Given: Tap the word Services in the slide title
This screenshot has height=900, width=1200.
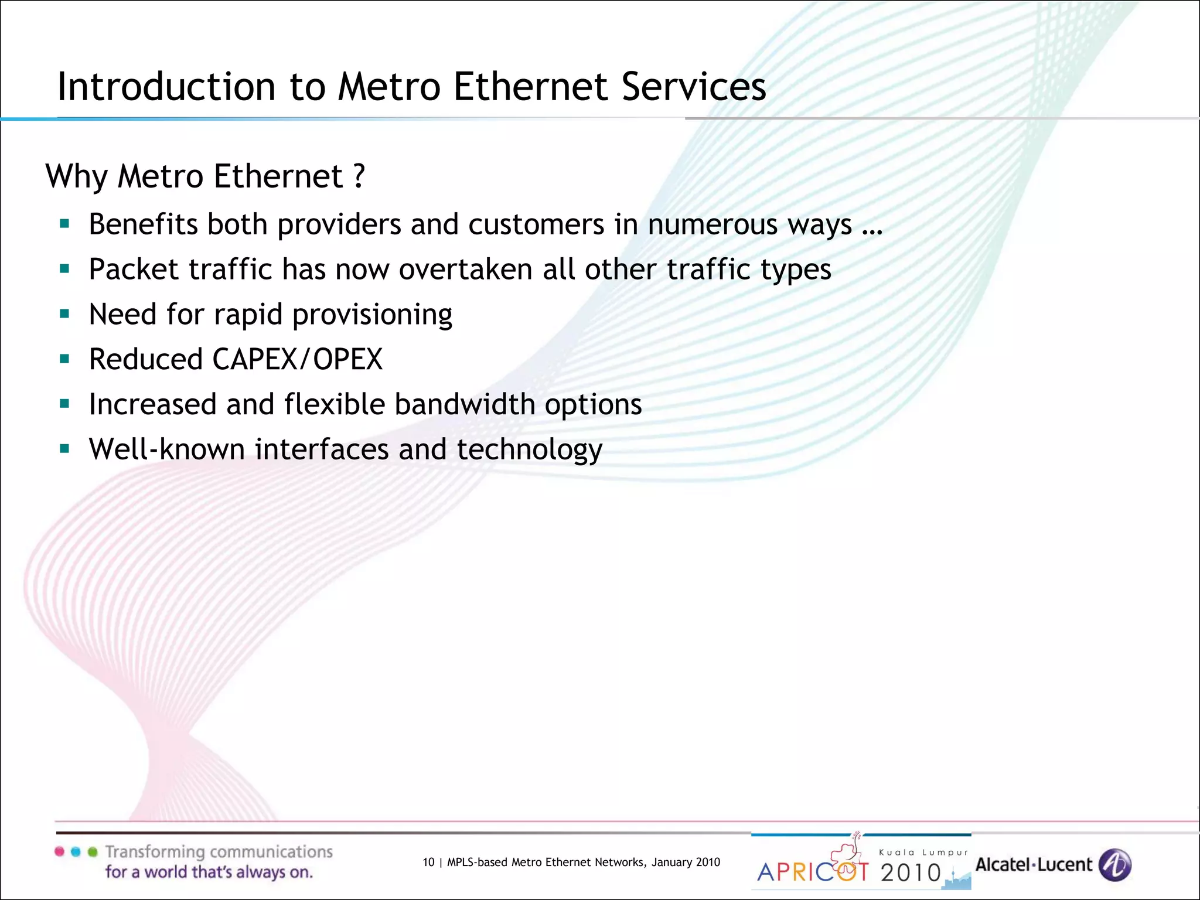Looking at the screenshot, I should [693, 87].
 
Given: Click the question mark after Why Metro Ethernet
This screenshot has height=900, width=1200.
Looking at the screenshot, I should [359, 175].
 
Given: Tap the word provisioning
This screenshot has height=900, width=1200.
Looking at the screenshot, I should [372, 315].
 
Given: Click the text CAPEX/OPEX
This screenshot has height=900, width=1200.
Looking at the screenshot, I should [297, 359].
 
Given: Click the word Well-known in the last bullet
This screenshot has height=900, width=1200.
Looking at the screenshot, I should [166, 449].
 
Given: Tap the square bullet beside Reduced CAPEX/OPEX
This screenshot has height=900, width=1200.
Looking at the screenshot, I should [64, 359].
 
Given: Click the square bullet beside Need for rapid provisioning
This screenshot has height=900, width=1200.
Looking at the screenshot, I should [64, 313].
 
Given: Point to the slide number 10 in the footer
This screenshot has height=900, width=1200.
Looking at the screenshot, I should [428, 862].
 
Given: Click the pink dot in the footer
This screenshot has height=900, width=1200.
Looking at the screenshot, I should [59, 852].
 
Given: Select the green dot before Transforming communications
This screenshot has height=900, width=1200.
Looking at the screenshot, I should [93, 852].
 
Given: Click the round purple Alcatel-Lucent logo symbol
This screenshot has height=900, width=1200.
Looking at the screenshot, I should [1115, 865].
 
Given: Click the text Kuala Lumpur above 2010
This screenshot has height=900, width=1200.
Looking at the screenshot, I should [923, 853].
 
